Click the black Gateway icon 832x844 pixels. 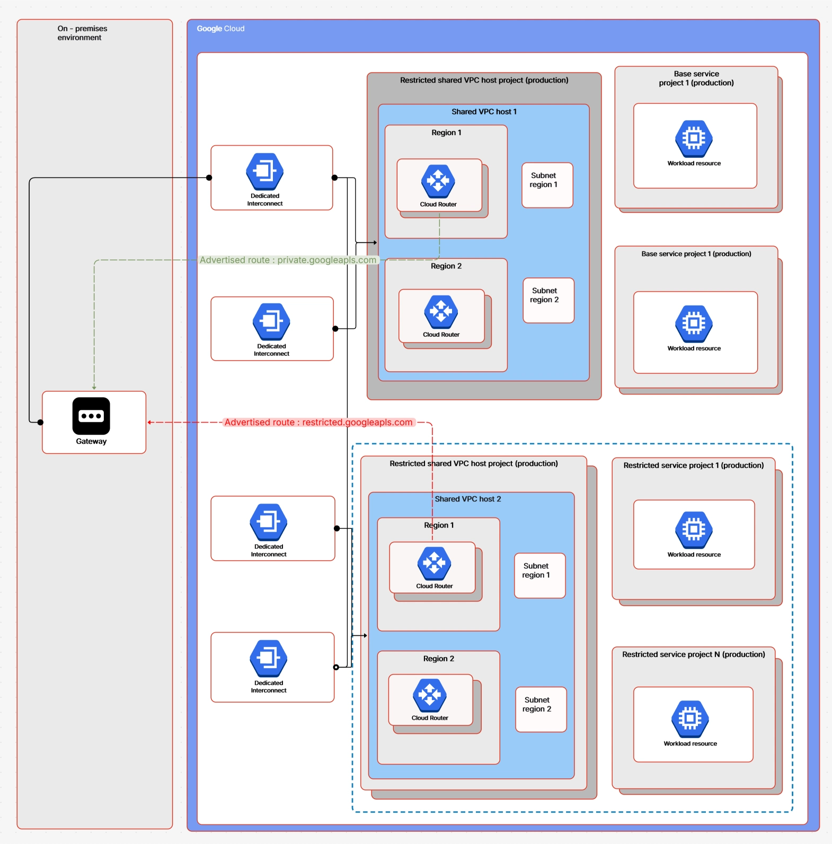pyautogui.click(x=91, y=416)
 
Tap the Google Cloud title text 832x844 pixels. pyautogui.click(x=220, y=29)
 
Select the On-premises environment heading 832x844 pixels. pyautogui.click(x=82, y=33)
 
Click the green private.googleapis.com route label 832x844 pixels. pyautogui.click(x=288, y=260)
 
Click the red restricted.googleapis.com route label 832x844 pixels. pyautogui.click(x=318, y=422)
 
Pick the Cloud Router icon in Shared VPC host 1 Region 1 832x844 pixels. pyautogui.click(x=438, y=181)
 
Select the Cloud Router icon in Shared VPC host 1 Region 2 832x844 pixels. pyautogui.click(x=441, y=311)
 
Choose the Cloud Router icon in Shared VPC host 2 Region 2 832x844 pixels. pyautogui.click(x=430, y=695)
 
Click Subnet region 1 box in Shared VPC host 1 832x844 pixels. pyautogui.click(x=547, y=185)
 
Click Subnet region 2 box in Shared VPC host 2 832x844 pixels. pyautogui.click(x=541, y=709)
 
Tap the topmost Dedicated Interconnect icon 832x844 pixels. pyautogui.click(x=265, y=172)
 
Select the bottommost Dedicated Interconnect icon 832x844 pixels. pyautogui.click(x=269, y=659)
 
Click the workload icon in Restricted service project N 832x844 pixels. pyautogui.click(x=690, y=719)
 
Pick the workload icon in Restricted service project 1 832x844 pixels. pyautogui.click(x=694, y=529)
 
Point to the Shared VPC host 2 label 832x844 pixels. pyautogui.click(x=467, y=499)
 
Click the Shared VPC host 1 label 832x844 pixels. pyautogui.click(x=484, y=112)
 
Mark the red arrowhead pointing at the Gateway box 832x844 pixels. pyautogui.click(x=150, y=423)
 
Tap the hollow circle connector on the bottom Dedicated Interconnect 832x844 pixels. pyautogui.click(x=336, y=667)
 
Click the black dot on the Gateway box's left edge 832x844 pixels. pyautogui.click(x=40, y=422)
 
